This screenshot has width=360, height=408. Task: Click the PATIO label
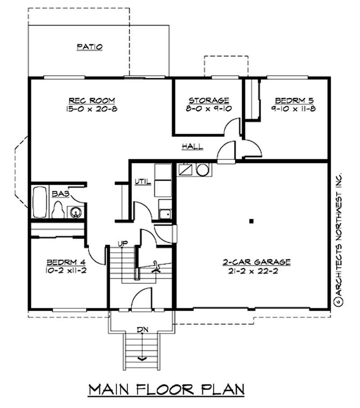point(90,46)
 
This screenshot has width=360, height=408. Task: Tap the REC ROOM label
point(92,100)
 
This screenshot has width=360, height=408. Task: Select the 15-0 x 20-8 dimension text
point(92,109)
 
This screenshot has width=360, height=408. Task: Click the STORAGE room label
point(208,100)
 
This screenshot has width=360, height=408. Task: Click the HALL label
point(192,146)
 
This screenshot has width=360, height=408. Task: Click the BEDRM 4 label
point(63,262)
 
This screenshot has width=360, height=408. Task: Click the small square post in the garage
point(252,221)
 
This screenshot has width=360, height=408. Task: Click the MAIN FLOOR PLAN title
point(166,389)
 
